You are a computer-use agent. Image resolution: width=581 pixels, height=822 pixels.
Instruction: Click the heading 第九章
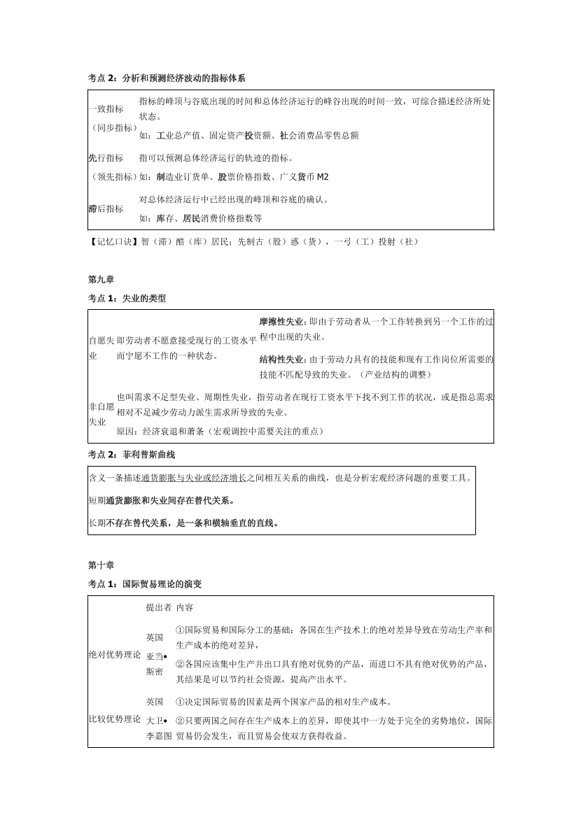tap(97, 279)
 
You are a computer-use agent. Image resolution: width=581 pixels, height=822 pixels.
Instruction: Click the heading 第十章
tap(97, 565)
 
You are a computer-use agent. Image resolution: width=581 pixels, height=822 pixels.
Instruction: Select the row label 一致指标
tap(106, 109)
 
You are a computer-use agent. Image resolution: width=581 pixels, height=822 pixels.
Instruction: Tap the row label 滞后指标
tap(106, 208)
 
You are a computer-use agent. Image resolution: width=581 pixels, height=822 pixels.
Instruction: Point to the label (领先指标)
tap(113, 177)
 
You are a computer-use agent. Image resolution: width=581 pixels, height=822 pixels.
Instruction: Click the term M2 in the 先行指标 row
tap(323, 177)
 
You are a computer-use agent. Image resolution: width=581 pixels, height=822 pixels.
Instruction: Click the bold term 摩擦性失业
tap(281, 322)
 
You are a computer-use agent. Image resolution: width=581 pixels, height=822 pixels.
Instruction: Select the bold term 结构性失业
tap(281, 359)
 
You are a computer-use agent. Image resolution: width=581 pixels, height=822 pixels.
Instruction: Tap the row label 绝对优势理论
tap(114, 655)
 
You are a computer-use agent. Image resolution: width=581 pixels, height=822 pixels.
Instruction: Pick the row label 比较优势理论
tap(114, 719)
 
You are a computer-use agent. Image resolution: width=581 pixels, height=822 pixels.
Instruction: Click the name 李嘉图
tap(159, 737)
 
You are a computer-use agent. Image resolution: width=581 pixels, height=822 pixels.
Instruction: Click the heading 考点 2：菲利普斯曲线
tap(132, 455)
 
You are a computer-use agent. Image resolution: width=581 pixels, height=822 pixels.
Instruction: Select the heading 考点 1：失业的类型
tap(127, 299)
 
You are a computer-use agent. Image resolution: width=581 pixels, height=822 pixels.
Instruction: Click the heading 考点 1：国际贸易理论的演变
tap(146, 583)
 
